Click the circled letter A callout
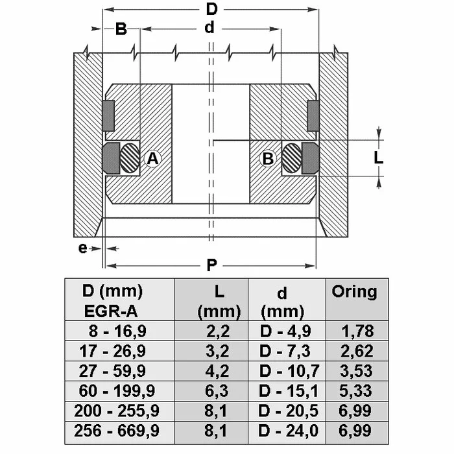click(152, 159)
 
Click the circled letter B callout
click(268, 159)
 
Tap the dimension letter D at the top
click(211, 9)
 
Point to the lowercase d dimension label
click(209, 28)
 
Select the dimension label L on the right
click(378, 158)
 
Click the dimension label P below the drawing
click(211, 265)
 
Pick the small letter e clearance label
click(82, 248)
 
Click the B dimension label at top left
click(121, 29)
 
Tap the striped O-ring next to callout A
click(130, 158)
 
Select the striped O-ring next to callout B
click(292, 158)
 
